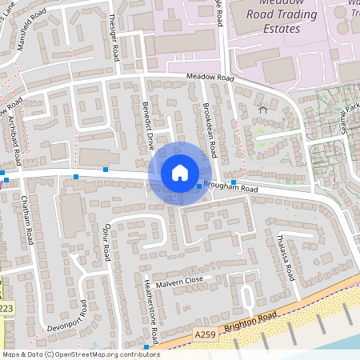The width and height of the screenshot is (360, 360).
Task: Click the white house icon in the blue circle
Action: pyautogui.click(x=180, y=173)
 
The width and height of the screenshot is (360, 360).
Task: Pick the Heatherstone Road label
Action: pyautogui.click(x=150, y=311)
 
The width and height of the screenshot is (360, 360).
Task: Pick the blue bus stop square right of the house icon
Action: pyautogui.click(x=199, y=186)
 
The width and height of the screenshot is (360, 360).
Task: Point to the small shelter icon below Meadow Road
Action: pyautogui.click(x=262, y=106)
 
